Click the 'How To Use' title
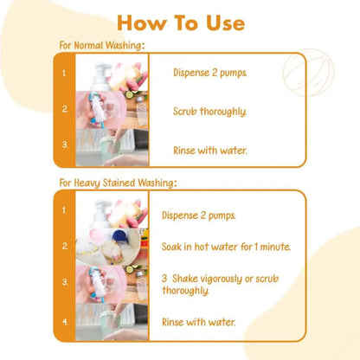click(x=181, y=22)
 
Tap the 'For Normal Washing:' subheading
click(x=102, y=46)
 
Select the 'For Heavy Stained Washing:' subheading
click(x=118, y=183)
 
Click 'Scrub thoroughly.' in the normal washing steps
click(x=209, y=112)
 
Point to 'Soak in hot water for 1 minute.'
click(x=226, y=247)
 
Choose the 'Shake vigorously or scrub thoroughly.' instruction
click(x=221, y=285)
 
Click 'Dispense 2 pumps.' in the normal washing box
click(x=210, y=73)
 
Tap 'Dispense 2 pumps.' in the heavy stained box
click(x=199, y=215)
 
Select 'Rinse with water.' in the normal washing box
click(x=210, y=151)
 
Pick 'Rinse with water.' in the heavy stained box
click(x=199, y=322)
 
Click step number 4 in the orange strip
click(x=65, y=322)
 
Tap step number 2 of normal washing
click(x=65, y=109)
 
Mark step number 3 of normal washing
click(x=65, y=145)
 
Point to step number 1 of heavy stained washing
click(x=64, y=210)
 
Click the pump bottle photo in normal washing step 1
click(x=112, y=73)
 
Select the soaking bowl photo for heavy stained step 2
click(x=112, y=247)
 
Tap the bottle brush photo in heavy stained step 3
click(x=112, y=285)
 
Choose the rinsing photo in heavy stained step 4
click(x=112, y=322)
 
